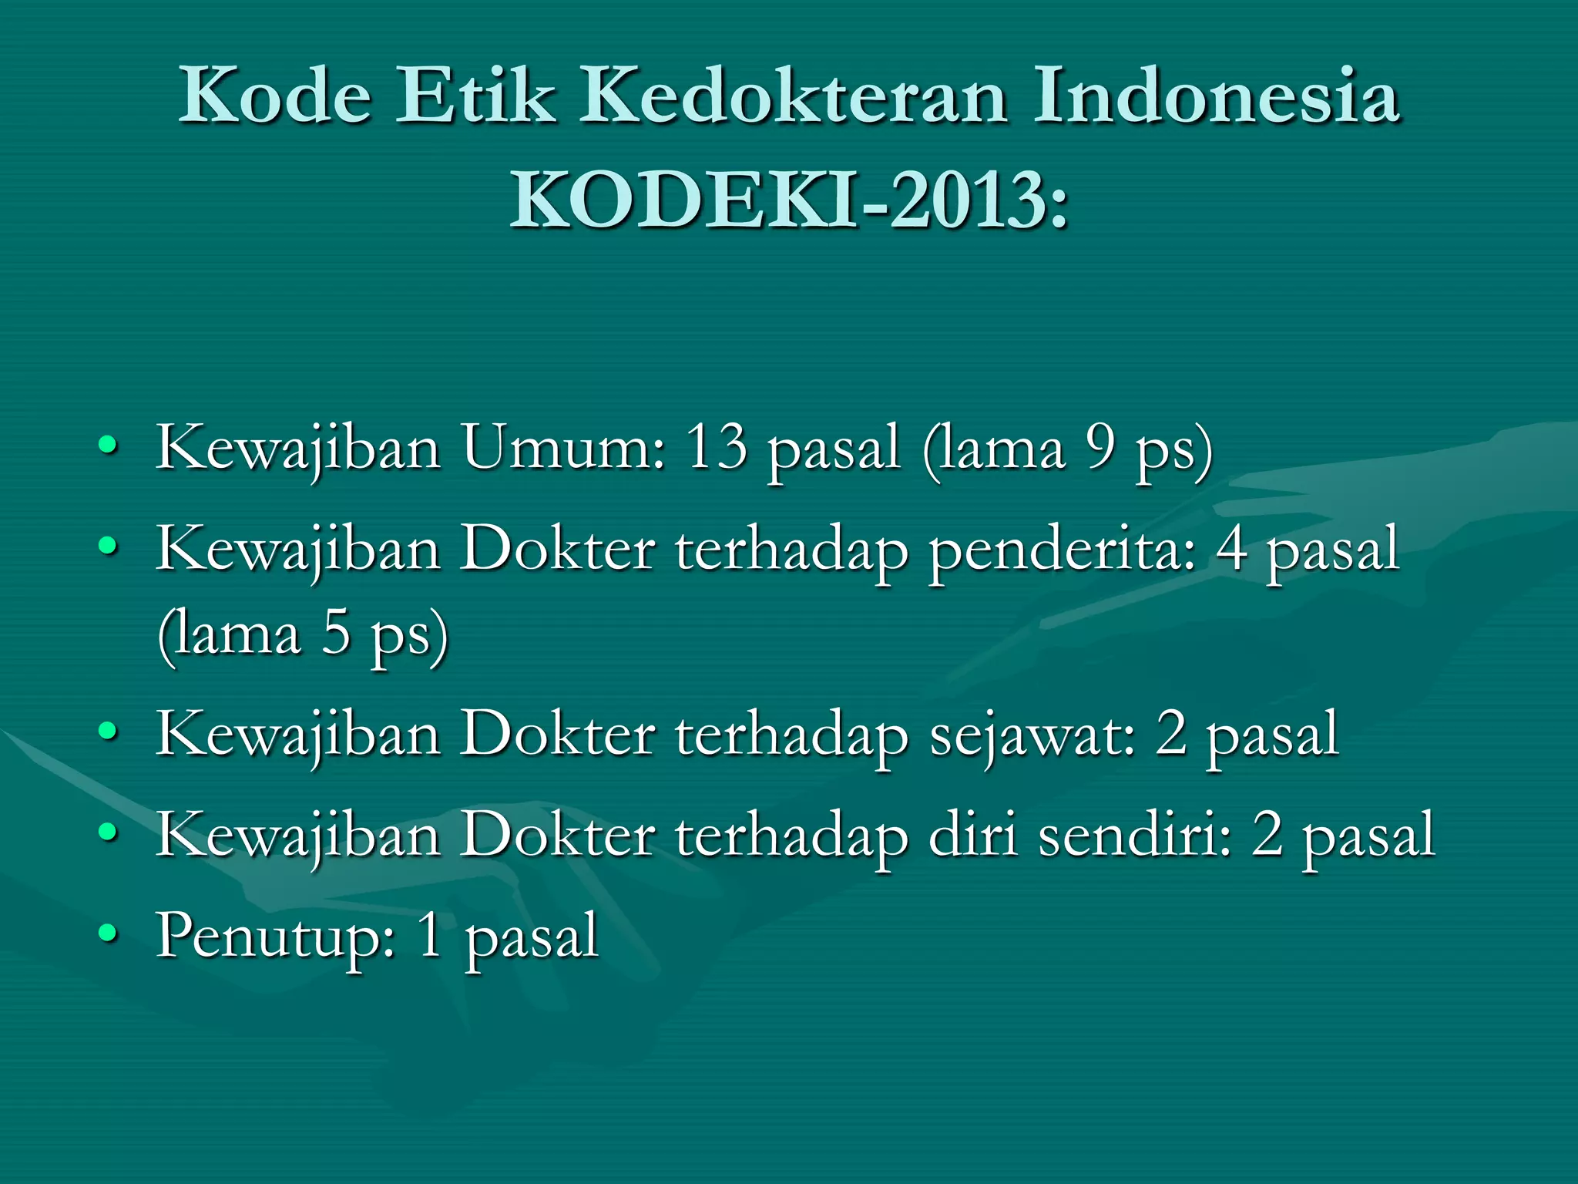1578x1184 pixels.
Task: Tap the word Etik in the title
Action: pos(475,96)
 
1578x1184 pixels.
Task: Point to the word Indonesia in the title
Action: pos(1216,96)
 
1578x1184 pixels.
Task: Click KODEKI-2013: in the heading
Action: pos(789,200)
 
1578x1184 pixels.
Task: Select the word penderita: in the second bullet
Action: pos(1062,550)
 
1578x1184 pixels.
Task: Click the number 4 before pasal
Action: pos(1231,550)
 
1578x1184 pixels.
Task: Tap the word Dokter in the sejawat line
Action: pos(558,734)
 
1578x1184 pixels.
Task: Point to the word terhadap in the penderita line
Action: pos(792,550)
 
